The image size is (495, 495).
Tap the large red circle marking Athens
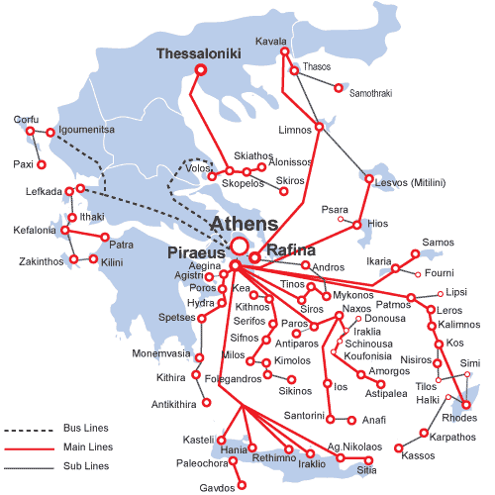tap(239, 247)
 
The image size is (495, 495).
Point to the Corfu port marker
tap(31, 132)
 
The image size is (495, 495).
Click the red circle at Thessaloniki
tap(201, 70)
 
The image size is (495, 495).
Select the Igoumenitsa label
tap(76, 130)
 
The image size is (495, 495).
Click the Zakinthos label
tap(41, 261)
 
